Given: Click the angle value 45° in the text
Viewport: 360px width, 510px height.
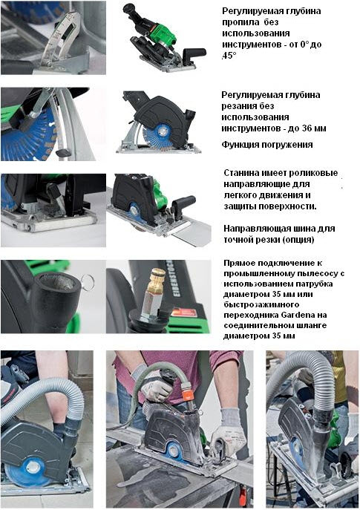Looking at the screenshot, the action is click(x=229, y=56).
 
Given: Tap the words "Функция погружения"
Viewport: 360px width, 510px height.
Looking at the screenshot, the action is click(x=267, y=145).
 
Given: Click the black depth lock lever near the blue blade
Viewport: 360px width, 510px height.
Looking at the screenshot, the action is click(x=64, y=152).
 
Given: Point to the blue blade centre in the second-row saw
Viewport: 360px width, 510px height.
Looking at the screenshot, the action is click(x=160, y=131).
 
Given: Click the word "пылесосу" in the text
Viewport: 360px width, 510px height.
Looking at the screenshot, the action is click(x=320, y=273).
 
